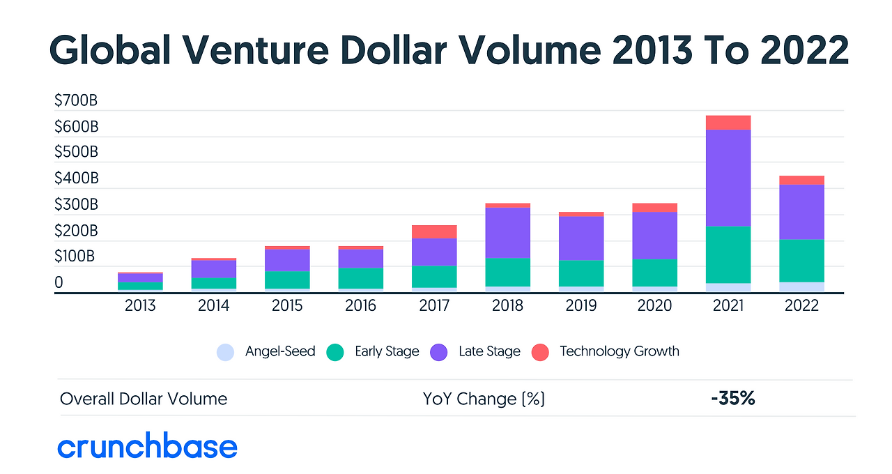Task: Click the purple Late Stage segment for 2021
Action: point(728,178)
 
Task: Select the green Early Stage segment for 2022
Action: point(801,261)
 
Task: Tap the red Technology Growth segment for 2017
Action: point(434,231)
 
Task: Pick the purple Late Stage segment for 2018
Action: point(507,232)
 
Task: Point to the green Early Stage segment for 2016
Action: point(360,278)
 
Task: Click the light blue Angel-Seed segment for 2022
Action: point(801,286)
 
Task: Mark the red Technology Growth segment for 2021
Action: point(728,123)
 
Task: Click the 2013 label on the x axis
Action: point(140,305)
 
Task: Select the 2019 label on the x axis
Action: point(581,305)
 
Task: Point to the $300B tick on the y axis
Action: point(76,205)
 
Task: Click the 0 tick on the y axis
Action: point(59,283)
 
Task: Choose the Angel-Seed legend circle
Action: point(225,352)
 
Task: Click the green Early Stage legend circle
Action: point(335,352)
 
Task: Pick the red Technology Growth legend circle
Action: point(541,352)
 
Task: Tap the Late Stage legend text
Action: point(489,351)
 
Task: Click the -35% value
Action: point(733,399)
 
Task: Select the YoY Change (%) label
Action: point(484,399)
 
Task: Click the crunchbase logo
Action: point(147,447)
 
